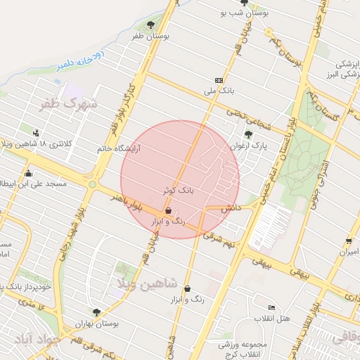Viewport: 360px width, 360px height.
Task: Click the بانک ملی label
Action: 217,91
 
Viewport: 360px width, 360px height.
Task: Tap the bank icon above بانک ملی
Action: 218,80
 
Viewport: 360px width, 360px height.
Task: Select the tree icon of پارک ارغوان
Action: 247,134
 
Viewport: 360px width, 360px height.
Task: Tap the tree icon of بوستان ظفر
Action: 150,25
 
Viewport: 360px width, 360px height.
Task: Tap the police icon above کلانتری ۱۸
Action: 36,132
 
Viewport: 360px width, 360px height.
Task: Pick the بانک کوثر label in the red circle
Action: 178,191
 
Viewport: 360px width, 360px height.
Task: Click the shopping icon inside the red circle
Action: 168,210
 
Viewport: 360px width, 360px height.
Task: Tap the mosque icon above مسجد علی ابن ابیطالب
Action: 28,173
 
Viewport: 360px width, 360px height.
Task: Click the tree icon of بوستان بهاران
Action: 96,312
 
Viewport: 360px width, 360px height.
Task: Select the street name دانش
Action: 231,209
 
